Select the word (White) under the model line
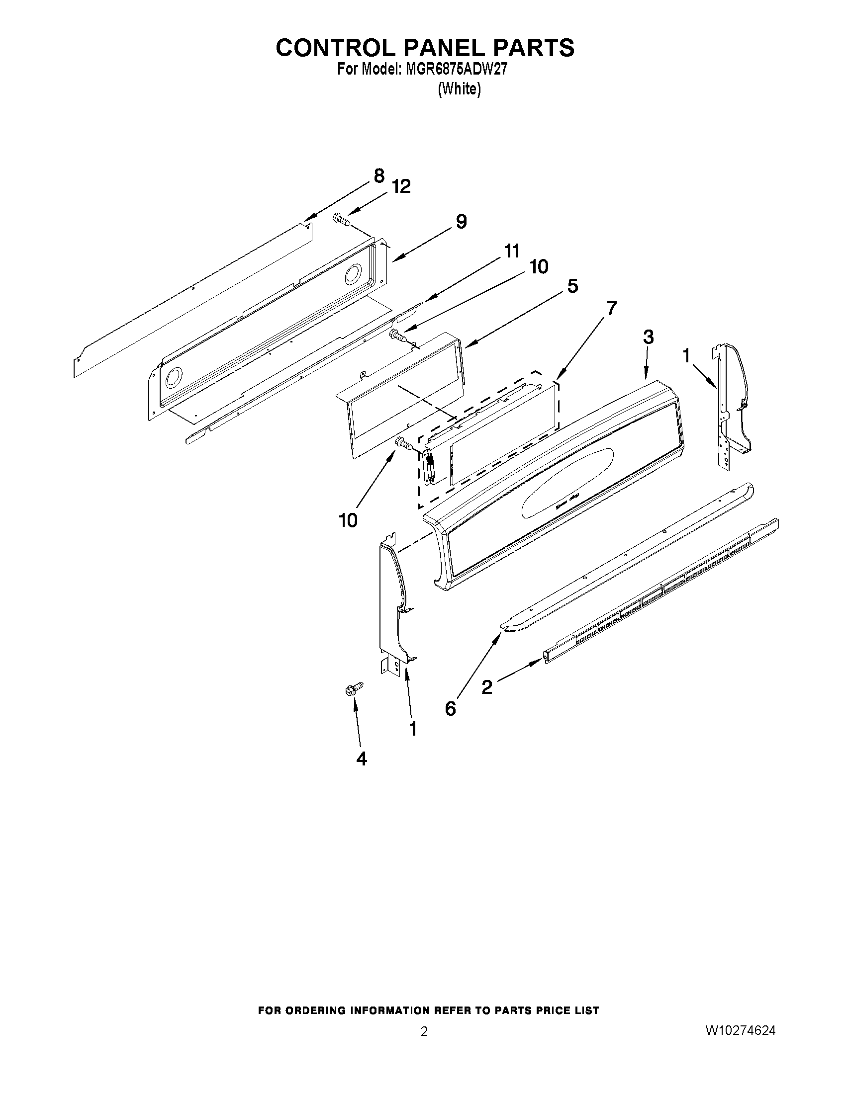coord(459,89)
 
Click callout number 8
coord(379,176)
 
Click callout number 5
coord(572,286)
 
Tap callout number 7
coord(611,308)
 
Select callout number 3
coord(648,337)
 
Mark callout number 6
coord(450,708)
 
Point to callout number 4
coord(362,759)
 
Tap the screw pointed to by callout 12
coord(341,218)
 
